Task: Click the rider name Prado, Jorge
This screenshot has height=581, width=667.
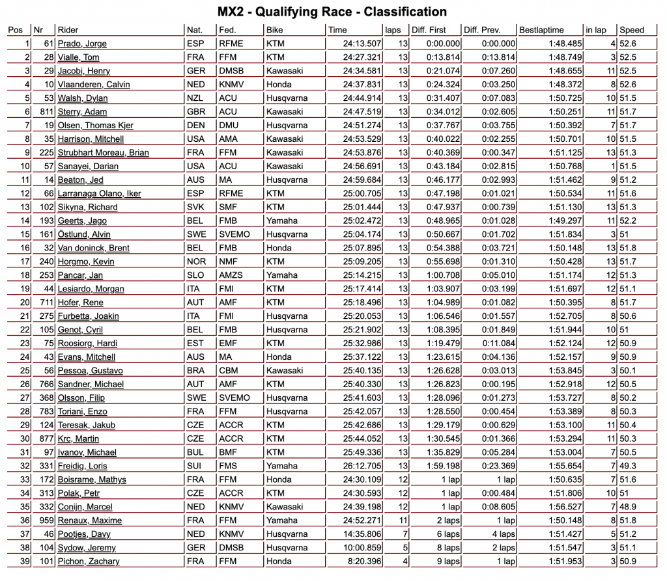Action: (82, 44)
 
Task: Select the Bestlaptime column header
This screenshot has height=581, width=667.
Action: (541, 30)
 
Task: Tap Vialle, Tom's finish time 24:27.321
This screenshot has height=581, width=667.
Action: (346, 57)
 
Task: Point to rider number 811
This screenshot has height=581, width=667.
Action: (44, 112)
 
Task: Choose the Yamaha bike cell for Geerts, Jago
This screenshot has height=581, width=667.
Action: (280, 221)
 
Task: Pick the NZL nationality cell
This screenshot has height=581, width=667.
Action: (195, 98)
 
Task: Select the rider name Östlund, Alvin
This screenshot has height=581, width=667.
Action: (84, 234)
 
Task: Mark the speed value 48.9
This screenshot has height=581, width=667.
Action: (629, 507)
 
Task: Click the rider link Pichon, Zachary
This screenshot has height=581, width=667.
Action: (89, 561)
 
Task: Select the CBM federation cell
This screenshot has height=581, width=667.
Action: (229, 371)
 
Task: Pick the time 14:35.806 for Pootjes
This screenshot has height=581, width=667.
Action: (346, 534)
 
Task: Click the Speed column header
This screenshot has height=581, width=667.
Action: (632, 30)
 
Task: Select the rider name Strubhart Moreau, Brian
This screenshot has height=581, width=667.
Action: (104, 153)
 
